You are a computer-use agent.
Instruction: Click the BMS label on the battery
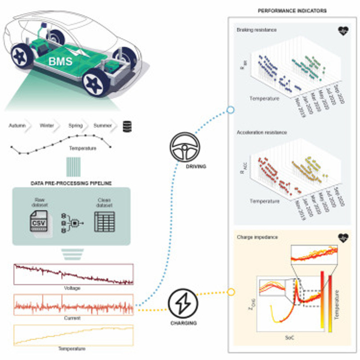61,61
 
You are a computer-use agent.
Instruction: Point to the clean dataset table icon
104,221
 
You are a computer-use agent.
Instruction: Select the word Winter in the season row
47,126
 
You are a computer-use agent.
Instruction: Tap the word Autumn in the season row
17,126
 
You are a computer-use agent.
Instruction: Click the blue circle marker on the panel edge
230,109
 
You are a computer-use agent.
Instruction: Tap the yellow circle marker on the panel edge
230,292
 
